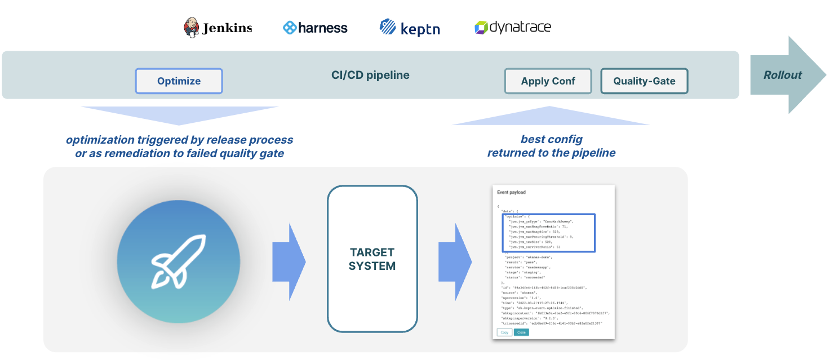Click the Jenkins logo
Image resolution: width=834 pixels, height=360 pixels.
(x=218, y=28)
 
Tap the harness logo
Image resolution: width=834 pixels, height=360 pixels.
(x=315, y=28)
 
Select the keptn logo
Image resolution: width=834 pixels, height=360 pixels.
(x=410, y=28)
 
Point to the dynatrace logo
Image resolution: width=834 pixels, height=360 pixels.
(x=513, y=27)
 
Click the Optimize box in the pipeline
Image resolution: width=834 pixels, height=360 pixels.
(x=179, y=81)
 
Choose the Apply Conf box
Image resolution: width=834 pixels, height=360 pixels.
(x=548, y=81)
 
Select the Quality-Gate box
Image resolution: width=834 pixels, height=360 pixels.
(x=644, y=81)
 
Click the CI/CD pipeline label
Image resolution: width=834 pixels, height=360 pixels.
(x=370, y=75)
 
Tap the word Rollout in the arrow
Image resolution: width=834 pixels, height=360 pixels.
(x=782, y=75)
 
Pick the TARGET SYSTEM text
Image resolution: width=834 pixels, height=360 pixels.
(x=372, y=259)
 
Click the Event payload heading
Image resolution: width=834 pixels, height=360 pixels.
(x=511, y=193)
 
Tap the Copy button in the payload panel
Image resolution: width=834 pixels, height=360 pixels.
(x=504, y=332)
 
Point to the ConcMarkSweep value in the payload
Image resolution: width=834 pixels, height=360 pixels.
(x=557, y=221)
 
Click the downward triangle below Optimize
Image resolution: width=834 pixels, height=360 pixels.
(x=179, y=115)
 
